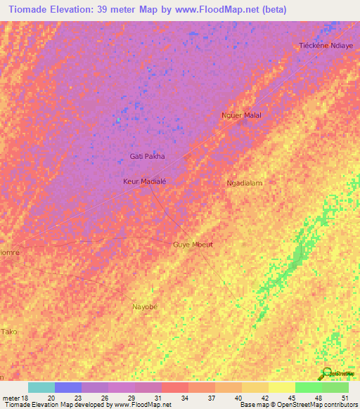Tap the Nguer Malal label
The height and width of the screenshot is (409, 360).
click(x=242, y=115)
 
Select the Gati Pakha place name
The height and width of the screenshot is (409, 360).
click(x=148, y=157)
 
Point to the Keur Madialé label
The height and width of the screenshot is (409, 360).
click(x=144, y=181)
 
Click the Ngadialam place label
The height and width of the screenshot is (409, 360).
click(x=244, y=183)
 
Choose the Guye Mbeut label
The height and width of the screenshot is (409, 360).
click(x=193, y=245)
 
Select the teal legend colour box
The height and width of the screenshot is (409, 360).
click(x=41, y=387)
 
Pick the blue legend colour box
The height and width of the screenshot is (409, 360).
click(x=68, y=387)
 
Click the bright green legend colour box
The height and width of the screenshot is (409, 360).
click(x=309, y=387)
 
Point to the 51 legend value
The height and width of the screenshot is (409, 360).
click(x=345, y=397)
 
